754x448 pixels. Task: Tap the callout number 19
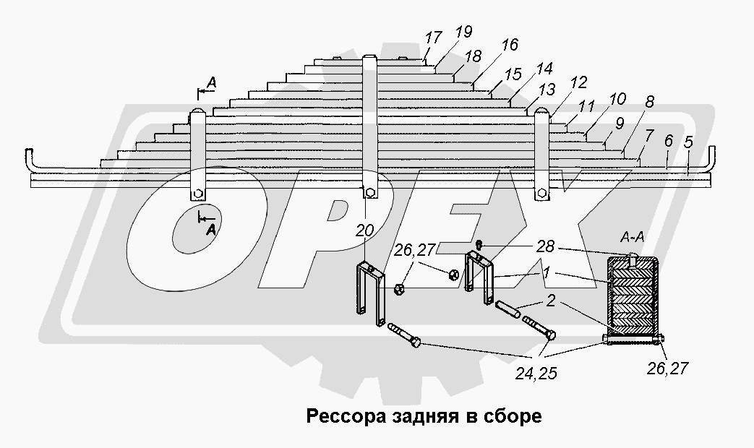point(463,32)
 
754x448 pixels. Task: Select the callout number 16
point(508,45)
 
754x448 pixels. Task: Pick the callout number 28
point(547,247)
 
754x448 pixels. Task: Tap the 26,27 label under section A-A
point(668,369)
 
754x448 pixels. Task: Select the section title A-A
point(633,237)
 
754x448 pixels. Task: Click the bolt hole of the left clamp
point(197,194)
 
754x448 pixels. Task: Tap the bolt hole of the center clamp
point(369,192)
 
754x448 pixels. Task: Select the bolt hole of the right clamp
point(541,193)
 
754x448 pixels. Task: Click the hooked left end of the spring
point(30,158)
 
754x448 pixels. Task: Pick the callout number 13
point(547,91)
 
